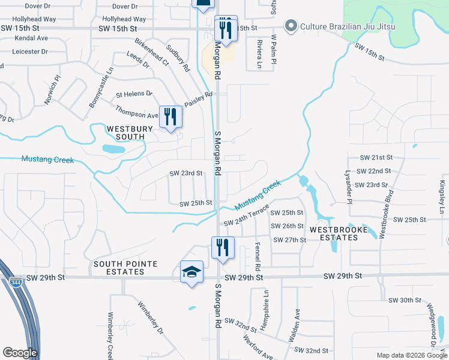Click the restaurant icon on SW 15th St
coord(226,28)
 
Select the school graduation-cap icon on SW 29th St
coord(192,272)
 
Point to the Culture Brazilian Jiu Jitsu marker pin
coord(291,26)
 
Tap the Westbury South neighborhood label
coord(126,133)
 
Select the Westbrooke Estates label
coord(334,233)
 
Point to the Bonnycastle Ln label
coord(100,88)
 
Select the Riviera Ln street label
coord(259,53)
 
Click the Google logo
coord(20,353)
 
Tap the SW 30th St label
coord(405,300)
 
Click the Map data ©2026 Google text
coord(411,355)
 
